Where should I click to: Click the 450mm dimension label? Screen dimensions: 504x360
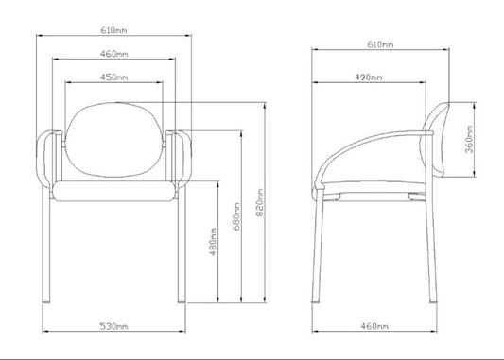point(113,77)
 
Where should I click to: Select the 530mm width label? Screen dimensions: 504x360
point(113,326)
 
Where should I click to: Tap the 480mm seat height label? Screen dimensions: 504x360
point(213,242)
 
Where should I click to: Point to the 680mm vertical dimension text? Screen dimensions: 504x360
point(236,216)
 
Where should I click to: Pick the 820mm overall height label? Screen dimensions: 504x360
point(260,202)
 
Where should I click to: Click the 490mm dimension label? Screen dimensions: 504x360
point(369,77)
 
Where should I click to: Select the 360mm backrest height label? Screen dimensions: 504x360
point(470,140)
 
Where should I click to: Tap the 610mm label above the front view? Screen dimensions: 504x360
point(113,30)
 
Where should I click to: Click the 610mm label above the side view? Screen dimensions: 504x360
point(380,44)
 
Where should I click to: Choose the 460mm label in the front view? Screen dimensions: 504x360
point(113,54)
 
